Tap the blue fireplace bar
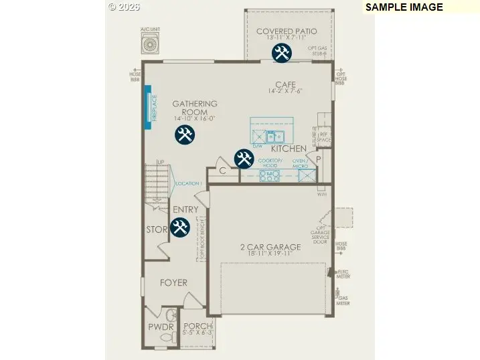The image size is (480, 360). [x=145, y=106]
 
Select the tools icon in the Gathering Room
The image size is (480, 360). [x=184, y=135]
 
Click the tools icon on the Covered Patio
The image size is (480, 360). [x=282, y=54]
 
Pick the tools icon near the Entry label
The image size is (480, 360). [x=179, y=228]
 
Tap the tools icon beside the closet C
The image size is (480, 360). [x=244, y=159]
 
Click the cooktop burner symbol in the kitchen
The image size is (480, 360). [x=270, y=177]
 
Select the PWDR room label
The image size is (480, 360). [x=161, y=327]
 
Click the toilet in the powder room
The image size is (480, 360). [x=169, y=315]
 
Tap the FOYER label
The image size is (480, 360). [x=173, y=283]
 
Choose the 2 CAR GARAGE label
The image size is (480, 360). [x=270, y=247]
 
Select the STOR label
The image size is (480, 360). [x=157, y=230]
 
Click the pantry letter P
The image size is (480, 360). [x=319, y=159]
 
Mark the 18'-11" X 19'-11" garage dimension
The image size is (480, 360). [x=270, y=254]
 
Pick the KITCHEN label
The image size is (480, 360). [x=289, y=149]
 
